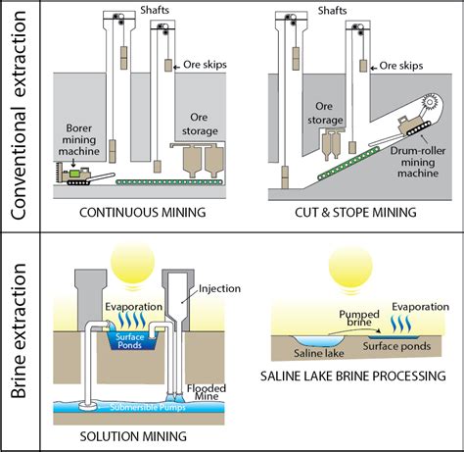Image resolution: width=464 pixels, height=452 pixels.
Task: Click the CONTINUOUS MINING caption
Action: tap(143, 213)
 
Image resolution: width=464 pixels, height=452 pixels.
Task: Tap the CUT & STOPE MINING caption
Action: tap(355, 213)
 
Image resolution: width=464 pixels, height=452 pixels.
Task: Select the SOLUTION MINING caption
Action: tap(133, 436)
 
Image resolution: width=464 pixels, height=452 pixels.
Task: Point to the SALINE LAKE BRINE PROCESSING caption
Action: tap(353, 376)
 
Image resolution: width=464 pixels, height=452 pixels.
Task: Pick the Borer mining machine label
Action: tap(79, 139)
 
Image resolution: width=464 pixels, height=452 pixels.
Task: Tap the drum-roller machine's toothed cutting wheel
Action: tap(430, 102)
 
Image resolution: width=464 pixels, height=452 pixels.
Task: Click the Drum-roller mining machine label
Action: tap(418, 162)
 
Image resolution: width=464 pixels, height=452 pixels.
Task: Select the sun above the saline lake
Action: tap(350, 268)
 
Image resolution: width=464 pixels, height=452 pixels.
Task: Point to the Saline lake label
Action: tap(319, 353)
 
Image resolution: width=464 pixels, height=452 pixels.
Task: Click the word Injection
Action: tap(219, 288)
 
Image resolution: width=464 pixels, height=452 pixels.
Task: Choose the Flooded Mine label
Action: tap(207, 392)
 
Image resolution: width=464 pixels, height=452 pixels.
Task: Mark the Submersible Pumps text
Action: tap(148, 408)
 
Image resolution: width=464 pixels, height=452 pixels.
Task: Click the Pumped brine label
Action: tap(359, 318)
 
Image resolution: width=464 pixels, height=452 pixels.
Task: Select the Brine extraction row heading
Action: tap(19, 330)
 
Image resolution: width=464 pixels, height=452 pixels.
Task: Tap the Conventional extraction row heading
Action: tap(19, 116)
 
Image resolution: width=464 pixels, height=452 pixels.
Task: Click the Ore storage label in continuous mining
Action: tap(200, 125)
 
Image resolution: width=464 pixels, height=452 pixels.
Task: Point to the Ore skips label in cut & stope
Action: tap(401, 66)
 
